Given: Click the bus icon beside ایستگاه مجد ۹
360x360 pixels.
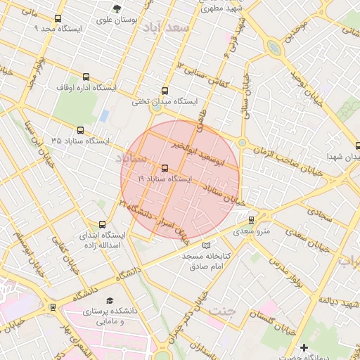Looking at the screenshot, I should pyautogui.click(x=58, y=19).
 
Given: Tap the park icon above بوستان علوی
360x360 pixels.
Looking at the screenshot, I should pyautogui.click(x=117, y=8).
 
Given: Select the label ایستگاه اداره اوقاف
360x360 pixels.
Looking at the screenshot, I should pyautogui.click(x=86, y=89).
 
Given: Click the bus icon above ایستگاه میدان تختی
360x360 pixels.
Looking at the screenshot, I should pyautogui.click(x=165, y=91).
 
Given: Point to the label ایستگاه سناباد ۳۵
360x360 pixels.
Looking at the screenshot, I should pyautogui.click(x=80, y=141).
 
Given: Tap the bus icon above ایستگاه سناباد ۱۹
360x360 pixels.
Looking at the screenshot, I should pyautogui.click(x=165, y=168).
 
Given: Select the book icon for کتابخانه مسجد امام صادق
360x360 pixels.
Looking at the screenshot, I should pyautogui.click(x=205, y=245).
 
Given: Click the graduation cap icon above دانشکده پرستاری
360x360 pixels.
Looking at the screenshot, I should pyautogui.click(x=107, y=300).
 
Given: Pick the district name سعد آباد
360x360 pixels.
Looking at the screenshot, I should pyautogui.click(x=166, y=28).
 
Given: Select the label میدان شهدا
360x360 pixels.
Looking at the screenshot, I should pyautogui.click(x=342, y=156).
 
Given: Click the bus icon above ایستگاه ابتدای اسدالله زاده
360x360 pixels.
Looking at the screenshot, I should pyautogui.click(x=103, y=224).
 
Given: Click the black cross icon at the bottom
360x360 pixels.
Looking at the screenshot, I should pyautogui.click(x=304, y=348).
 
